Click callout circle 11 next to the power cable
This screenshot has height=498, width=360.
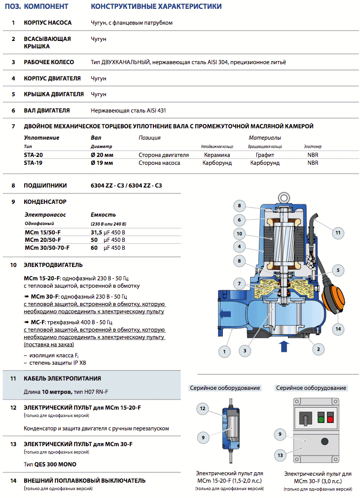[338, 232]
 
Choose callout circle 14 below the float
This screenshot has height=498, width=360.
[338, 328]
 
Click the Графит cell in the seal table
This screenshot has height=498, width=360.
[265, 154]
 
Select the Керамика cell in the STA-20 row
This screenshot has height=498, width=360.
[217, 154]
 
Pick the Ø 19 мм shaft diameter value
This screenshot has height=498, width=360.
[102, 162]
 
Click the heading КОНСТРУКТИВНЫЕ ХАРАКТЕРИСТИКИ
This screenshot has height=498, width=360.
[156, 6]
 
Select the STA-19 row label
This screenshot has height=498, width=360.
[33, 162]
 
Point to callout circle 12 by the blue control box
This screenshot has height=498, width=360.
[203, 408]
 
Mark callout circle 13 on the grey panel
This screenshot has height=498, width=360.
[280, 455]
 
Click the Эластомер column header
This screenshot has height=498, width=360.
[312, 147]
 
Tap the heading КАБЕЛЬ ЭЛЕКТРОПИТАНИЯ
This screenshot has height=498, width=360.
[62, 379]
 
